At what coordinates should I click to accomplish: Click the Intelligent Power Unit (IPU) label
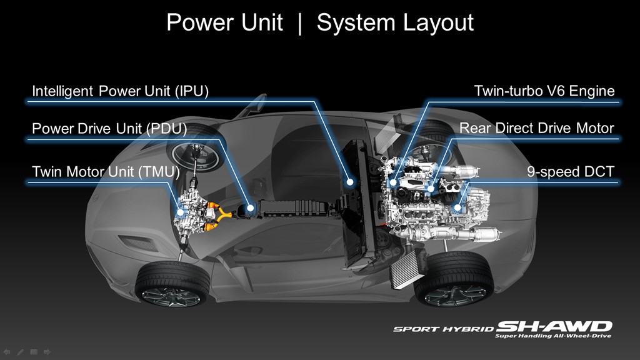120,91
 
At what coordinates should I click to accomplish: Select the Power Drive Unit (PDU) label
110,129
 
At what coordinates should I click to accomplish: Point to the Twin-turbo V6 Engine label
544,91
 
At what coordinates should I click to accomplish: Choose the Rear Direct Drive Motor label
537,129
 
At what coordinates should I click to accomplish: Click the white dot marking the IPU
351,182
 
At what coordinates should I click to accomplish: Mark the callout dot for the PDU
250,207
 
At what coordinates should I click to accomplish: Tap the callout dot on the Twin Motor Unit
180,212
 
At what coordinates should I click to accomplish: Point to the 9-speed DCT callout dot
457,207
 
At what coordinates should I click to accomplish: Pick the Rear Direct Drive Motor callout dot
431,187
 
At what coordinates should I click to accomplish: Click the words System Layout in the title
395,23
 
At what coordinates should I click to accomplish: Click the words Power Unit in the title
224,23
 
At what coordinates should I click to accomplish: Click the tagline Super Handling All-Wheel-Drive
553,336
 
